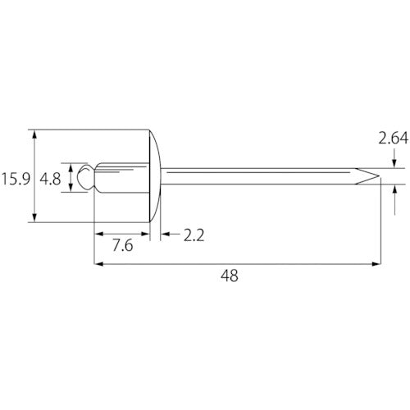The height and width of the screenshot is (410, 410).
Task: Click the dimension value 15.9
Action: pos(16,180)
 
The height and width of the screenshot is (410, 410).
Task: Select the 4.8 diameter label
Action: pos(50,180)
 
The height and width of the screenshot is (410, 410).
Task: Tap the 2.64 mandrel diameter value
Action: pos(394,138)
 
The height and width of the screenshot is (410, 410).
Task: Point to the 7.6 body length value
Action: pos(123,245)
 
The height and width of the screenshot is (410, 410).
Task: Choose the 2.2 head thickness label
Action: pos(194,235)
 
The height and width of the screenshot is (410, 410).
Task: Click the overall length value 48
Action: pos(230,276)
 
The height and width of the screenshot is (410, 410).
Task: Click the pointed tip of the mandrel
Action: pos(380,176)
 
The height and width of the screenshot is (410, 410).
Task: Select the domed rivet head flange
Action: pos(155,176)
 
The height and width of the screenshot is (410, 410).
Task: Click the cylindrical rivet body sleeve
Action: pos(122,178)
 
